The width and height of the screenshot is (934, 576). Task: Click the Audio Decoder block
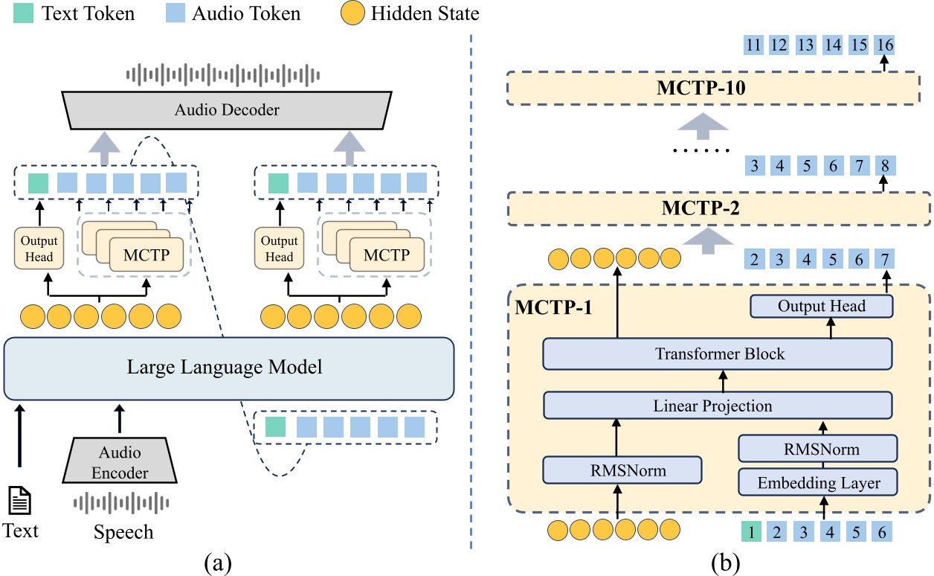[x=227, y=110]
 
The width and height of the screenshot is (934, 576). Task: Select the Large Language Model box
[x=228, y=368]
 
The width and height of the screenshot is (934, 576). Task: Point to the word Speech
[x=123, y=531]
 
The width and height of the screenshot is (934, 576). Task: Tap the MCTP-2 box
[x=718, y=208]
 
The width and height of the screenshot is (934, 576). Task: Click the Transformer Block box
[x=717, y=353]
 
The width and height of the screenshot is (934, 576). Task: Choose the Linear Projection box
[x=717, y=406]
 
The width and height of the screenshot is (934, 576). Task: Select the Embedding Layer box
[x=818, y=482]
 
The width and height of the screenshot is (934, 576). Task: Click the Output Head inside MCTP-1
[x=821, y=306]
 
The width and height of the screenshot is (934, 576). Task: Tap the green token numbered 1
[x=751, y=532]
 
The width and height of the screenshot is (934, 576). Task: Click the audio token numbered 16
[x=884, y=45]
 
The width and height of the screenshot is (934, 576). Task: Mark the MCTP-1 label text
[x=554, y=306]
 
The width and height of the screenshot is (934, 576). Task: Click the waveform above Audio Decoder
[x=223, y=74]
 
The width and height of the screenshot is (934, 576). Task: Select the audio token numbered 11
[x=753, y=45]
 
